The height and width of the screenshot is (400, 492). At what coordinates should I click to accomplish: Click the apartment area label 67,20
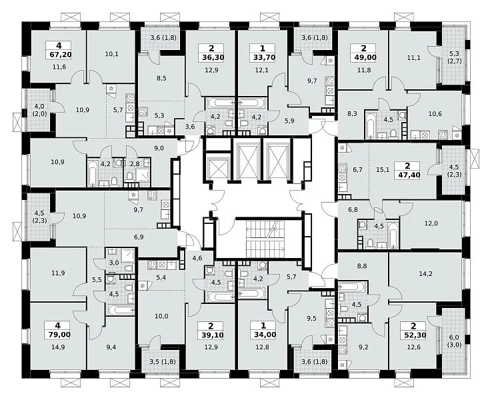pyautogui.click(x=61, y=55)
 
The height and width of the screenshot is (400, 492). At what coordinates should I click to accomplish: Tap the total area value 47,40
pyautogui.click(x=407, y=175)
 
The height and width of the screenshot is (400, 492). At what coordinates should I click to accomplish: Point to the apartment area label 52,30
pyautogui.click(x=413, y=335)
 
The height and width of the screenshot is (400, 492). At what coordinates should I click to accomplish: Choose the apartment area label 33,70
pyautogui.click(x=263, y=57)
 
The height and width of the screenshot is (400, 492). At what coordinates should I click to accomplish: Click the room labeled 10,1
pyautogui.click(x=112, y=54)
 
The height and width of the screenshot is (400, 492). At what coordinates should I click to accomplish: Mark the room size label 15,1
pyautogui.click(x=383, y=170)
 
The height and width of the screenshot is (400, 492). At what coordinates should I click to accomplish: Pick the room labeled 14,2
pyautogui.click(x=426, y=274)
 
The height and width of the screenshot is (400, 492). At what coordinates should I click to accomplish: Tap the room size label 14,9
pyautogui.click(x=59, y=347)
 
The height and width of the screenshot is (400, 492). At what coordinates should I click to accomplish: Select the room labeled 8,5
pyautogui.click(x=161, y=79)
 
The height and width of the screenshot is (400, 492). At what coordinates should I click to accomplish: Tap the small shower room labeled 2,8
pyautogui.click(x=135, y=163)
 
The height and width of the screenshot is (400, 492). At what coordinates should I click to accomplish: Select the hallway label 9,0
pyautogui.click(x=159, y=149)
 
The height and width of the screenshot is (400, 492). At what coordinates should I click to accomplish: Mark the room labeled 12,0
pyautogui.click(x=431, y=224)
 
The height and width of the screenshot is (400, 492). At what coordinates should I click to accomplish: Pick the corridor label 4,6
pyautogui.click(x=197, y=259)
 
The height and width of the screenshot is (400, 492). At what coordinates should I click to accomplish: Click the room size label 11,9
pyautogui.click(x=59, y=273)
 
